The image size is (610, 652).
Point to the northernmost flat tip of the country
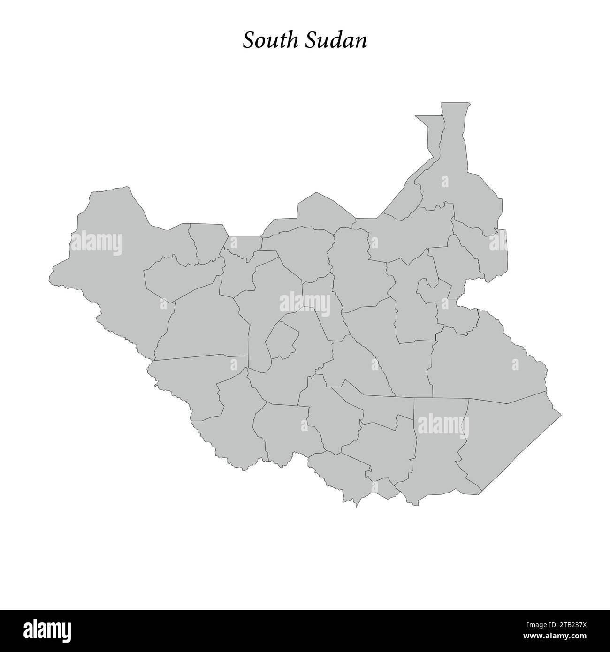click(455, 103)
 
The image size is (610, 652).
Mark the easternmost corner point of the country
click(561, 415)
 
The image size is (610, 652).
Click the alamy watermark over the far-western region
click(97, 244)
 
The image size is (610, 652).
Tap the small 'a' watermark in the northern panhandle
click(444, 181)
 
